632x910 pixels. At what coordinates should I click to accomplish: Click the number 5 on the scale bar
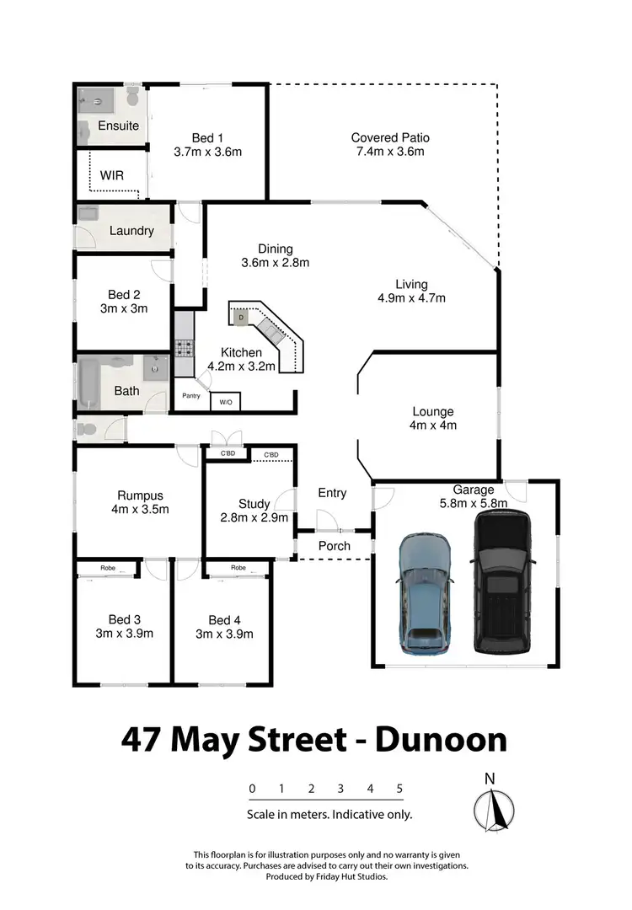pyautogui.click(x=399, y=789)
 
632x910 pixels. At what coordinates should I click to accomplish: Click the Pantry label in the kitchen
pyautogui.click(x=190, y=395)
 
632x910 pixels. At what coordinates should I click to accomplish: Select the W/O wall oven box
pyautogui.click(x=225, y=403)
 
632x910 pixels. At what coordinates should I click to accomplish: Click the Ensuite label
pyautogui.click(x=118, y=126)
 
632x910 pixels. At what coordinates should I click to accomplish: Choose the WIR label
pyautogui.click(x=113, y=176)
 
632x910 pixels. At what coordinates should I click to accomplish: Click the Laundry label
pyautogui.click(x=131, y=230)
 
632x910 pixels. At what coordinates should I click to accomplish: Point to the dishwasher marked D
pyautogui.click(x=240, y=317)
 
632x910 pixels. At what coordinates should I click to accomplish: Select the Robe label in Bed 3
pyautogui.click(x=108, y=568)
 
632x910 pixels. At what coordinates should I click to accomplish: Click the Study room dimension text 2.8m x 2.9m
pyautogui.click(x=254, y=517)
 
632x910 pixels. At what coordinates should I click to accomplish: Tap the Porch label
pyautogui.click(x=334, y=546)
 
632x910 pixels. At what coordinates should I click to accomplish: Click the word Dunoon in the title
pyautogui.click(x=441, y=740)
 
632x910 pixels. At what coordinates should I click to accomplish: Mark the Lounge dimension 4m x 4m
pyautogui.click(x=433, y=426)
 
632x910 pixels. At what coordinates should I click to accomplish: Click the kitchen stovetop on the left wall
pyautogui.click(x=184, y=345)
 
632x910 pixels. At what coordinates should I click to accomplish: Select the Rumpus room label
pyautogui.click(x=141, y=495)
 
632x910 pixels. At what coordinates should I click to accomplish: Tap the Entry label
pyautogui.click(x=332, y=493)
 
